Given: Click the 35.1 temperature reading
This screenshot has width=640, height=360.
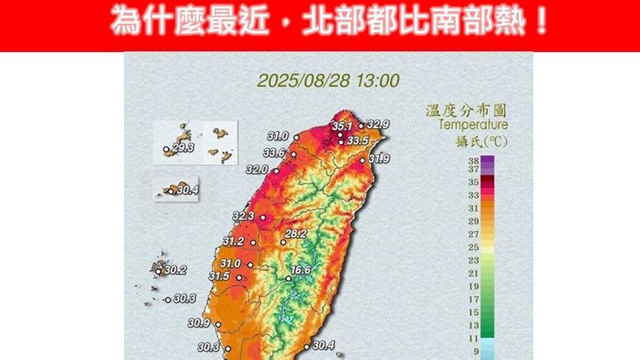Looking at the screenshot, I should pos(342,126).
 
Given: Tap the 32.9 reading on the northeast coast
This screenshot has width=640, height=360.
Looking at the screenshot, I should pos(378,126).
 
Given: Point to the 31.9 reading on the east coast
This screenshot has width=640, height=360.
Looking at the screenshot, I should pos(379,160).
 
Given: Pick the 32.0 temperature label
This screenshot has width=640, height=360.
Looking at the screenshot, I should pos(258,170).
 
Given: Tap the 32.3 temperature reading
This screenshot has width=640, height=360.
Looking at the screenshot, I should pos(243,217).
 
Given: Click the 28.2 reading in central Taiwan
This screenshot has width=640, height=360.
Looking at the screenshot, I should pos(297,234).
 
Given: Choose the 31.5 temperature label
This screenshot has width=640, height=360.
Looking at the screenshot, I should pos(219,277).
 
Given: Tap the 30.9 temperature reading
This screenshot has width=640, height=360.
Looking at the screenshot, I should pos(198,323).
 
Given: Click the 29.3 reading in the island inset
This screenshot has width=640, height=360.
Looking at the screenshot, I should pos(182,149).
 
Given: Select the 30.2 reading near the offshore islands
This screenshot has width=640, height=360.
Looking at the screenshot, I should pos(174,270).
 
